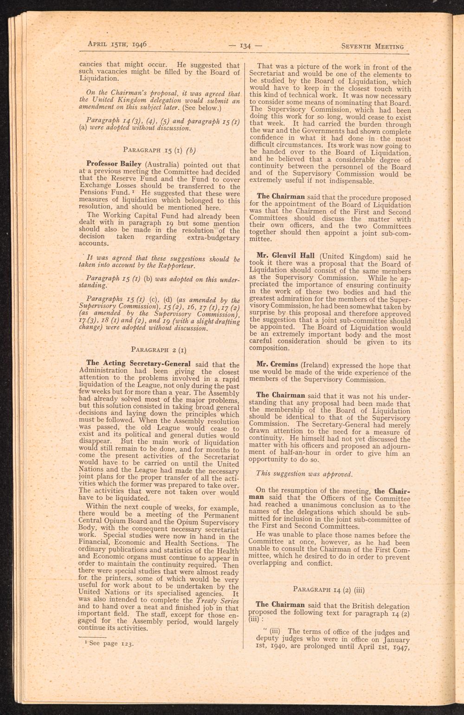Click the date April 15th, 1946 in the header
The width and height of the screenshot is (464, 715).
pyautogui.click(x=117, y=45)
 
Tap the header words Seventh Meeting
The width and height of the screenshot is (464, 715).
pyautogui.click(x=373, y=47)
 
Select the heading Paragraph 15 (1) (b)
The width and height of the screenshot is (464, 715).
pyautogui.click(x=159, y=150)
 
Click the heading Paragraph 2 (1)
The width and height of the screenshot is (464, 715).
pyautogui.click(x=159, y=349)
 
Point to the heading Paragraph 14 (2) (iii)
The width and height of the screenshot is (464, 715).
pyautogui.click(x=329, y=590)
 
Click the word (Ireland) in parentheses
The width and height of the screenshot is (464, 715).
pyautogui.click(x=319, y=365)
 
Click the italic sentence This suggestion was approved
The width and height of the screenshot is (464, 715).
pyautogui.click(x=304, y=474)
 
